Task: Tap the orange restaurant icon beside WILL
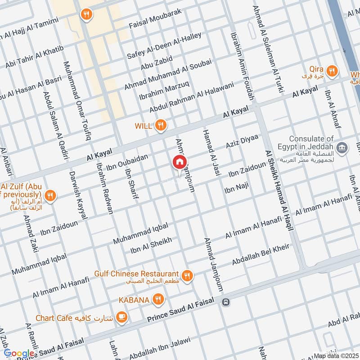click(x=160, y=126)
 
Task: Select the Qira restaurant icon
click(x=332, y=70)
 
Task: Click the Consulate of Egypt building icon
click(x=342, y=147)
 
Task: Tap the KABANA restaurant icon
click(x=157, y=299)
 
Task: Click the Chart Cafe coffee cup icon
click(x=121, y=318)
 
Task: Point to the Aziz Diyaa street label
click(x=242, y=142)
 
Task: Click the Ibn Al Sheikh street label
click(x=151, y=247)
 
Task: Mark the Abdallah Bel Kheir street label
click(x=260, y=255)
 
